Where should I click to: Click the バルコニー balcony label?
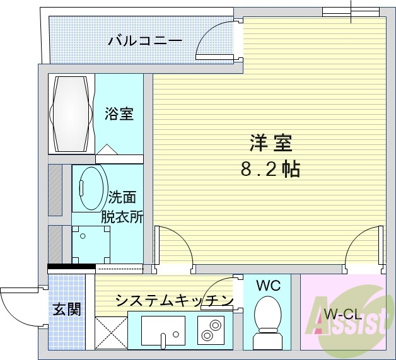pyautogui.click(x=145, y=42)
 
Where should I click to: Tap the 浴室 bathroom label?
pyautogui.click(x=119, y=114)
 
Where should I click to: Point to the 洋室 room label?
pyautogui.click(x=270, y=144)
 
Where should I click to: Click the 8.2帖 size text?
pyautogui.click(x=269, y=169)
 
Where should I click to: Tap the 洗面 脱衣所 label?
pyautogui.click(x=122, y=207)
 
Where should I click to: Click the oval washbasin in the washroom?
pyautogui.click(x=90, y=187)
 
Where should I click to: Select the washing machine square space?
pyautogui.click(x=91, y=243)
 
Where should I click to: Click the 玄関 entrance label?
pyautogui.click(x=66, y=310)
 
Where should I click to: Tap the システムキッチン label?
pyautogui.click(x=174, y=301)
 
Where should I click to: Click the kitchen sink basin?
pyautogui.click(x=163, y=330)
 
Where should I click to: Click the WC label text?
pyautogui.click(x=269, y=285)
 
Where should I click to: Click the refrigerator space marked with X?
pyautogui.click(x=110, y=331)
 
